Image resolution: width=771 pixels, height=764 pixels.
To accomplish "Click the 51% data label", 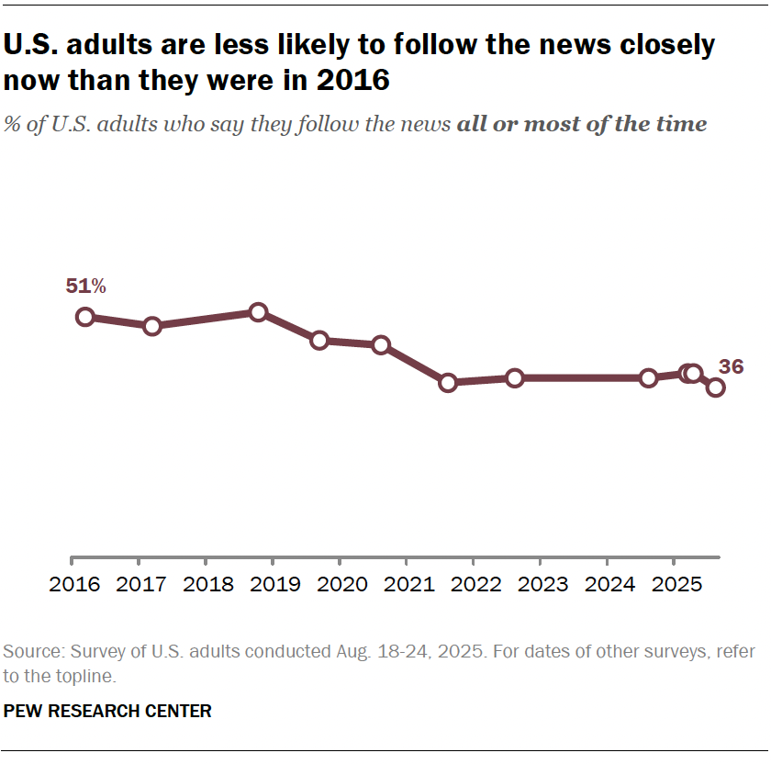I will point(85,286).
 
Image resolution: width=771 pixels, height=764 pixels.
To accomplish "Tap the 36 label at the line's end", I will point(732,367).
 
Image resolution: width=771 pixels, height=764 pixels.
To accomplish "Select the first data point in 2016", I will point(85,317).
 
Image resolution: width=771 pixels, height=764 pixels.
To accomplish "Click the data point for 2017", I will point(152,326).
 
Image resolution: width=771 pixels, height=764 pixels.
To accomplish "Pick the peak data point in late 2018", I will point(258,312).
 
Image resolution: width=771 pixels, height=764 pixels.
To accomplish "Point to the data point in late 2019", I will point(319,341).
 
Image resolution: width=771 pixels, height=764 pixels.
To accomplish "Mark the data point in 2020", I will point(381,345).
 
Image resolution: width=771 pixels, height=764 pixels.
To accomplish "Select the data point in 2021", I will point(448,382).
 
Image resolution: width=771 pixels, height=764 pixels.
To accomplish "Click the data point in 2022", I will point(515,377).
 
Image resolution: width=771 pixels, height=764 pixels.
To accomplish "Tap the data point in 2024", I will point(649,377).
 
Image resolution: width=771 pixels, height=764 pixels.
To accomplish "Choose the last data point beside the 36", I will point(715,388).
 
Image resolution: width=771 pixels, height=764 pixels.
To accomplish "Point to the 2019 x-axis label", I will point(273,585).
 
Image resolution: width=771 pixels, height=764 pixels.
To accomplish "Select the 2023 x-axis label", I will point(540,585).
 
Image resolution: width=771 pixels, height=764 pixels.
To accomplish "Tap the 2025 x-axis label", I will point(674,585).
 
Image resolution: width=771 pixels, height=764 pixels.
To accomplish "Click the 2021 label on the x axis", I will point(406,585).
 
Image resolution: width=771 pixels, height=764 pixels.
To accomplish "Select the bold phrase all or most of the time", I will point(581,124).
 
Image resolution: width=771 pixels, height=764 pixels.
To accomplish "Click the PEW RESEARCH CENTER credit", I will point(107,711).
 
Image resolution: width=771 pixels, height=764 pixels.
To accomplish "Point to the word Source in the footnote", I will point(29,652).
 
